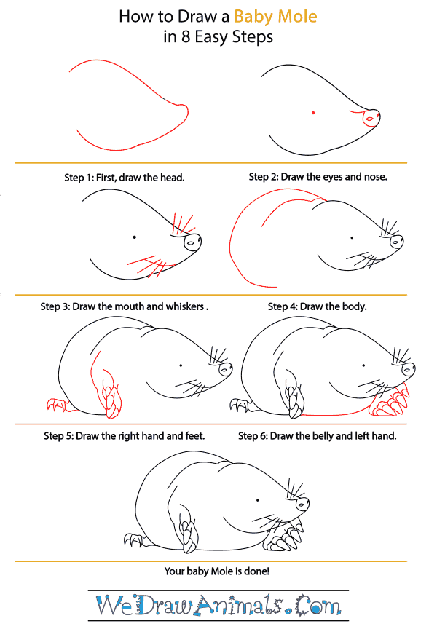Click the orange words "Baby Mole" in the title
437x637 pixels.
tap(275, 17)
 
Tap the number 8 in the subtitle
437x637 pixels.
tap(186, 37)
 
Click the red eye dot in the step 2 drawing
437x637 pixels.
tap(313, 113)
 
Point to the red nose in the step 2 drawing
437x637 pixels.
tap(371, 118)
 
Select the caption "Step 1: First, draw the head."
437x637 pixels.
tap(125, 178)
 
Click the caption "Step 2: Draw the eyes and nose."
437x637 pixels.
tap(318, 177)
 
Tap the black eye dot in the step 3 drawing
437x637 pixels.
tap(134, 237)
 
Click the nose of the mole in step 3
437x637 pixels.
tap(193, 243)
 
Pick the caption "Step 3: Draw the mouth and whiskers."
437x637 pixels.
tap(125, 306)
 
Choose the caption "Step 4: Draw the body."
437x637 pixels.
tap(317, 306)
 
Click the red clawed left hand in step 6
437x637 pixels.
tap(389, 402)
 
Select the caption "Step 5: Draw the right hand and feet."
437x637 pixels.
tap(125, 436)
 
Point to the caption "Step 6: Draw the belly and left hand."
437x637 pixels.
tap(317, 436)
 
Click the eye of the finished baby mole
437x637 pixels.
tap(257, 500)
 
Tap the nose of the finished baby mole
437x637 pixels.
tap(302, 505)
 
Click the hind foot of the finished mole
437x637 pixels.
tap(134, 540)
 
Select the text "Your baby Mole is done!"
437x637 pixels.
tap(216, 571)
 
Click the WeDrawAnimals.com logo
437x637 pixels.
tap(219, 605)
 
